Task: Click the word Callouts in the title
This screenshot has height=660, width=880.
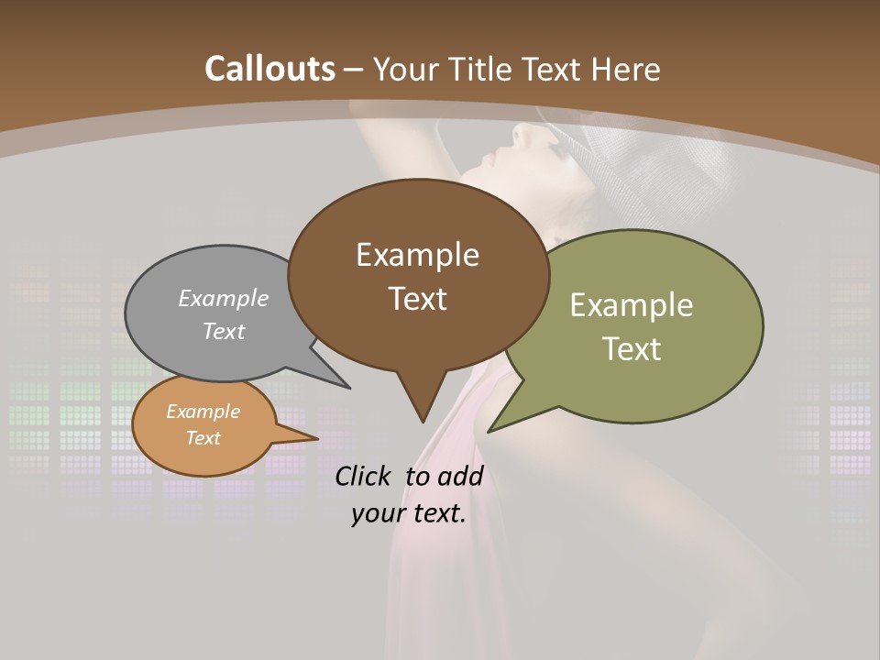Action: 269,69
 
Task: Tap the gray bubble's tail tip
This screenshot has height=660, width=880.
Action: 348,387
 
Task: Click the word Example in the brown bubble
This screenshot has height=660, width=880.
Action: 417,255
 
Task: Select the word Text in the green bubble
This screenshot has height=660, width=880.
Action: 632,349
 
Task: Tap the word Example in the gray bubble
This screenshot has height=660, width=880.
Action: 224,299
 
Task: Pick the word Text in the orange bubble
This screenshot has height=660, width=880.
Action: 203,438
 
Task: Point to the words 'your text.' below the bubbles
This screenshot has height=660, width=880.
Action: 409,513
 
